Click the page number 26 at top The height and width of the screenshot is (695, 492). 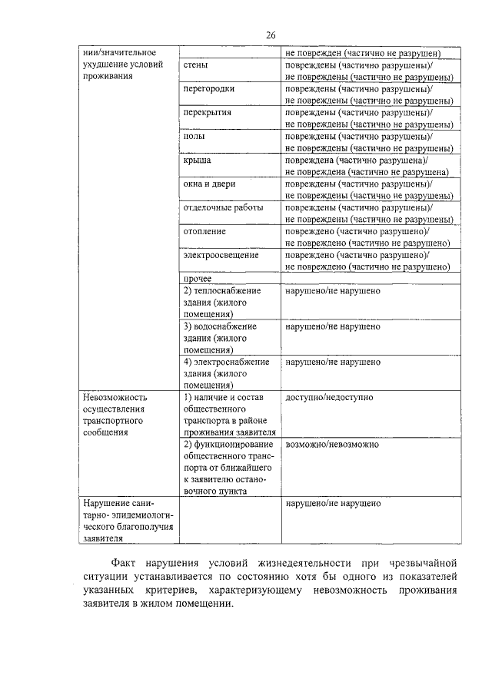point(271,35)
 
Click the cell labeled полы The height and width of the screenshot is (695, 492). point(193,136)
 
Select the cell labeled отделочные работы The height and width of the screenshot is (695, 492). point(223,207)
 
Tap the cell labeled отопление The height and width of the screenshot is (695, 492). point(203,231)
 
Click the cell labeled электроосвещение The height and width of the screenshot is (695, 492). point(221,255)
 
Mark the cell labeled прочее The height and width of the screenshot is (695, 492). point(198,278)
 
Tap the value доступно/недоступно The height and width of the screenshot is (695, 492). point(329,398)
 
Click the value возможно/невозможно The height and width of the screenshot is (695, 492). point(332,445)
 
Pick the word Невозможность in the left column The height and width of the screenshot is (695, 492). point(115,398)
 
